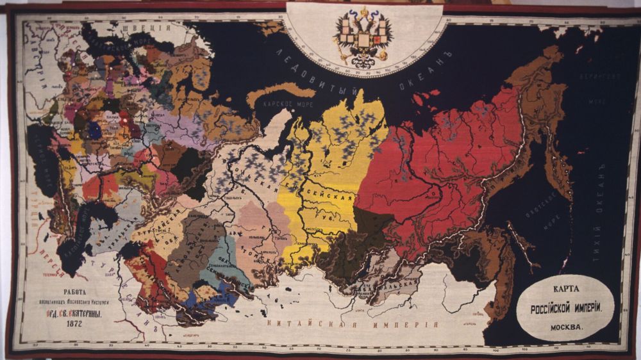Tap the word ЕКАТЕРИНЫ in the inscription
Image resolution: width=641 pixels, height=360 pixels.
tap(80, 314)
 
